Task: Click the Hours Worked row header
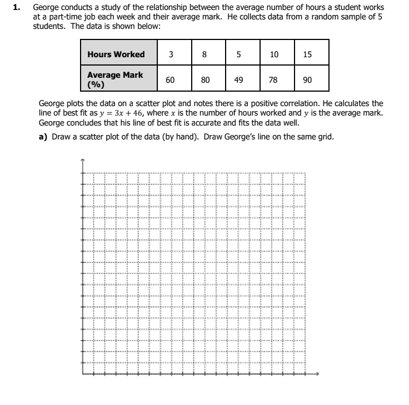[x=116, y=54]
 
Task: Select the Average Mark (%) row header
[x=115, y=79]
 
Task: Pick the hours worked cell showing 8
[x=205, y=54]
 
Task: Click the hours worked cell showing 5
[x=238, y=54]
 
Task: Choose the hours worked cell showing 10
[x=273, y=54]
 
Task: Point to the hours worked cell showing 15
[x=308, y=54]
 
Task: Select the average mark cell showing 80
[x=205, y=79]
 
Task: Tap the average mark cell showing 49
[x=238, y=79]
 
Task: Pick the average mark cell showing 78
[x=273, y=79]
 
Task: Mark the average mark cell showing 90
[x=308, y=79]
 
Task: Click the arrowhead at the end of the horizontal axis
[x=318, y=373]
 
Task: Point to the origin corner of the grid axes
[x=83, y=373]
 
